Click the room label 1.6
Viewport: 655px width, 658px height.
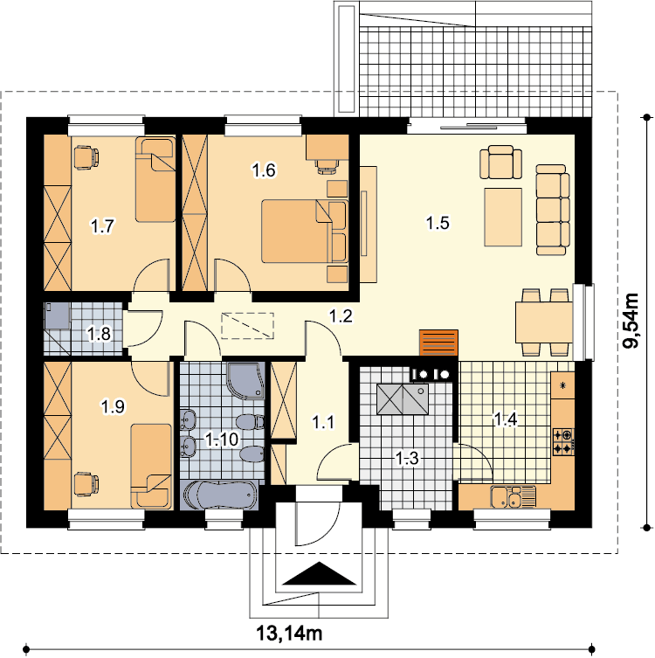click(x=264, y=170)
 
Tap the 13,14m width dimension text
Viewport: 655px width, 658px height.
click(x=289, y=634)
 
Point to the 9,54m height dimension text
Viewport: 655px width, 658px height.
click(x=631, y=321)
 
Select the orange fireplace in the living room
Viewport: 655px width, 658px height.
click(x=438, y=343)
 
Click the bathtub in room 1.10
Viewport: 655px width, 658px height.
click(x=221, y=495)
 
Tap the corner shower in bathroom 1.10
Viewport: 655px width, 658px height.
click(x=245, y=380)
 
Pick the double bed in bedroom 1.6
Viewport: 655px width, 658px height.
click(x=305, y=232)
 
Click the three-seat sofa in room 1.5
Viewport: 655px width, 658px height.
click(x=553, y=210)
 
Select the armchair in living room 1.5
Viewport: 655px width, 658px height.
click(x=500, y=162)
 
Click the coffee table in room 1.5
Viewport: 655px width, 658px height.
click(x=503, y=217)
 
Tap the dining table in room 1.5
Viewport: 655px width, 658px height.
click(x=544, y=322)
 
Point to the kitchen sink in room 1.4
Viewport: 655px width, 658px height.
click(x=514, y=496)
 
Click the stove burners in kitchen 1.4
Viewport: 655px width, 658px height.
click(x=563, y=441)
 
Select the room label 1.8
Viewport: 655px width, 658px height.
click(x=99, y=334)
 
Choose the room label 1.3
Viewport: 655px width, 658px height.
click(x=407, y=458)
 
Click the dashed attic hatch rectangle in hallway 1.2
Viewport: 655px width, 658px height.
click(x=247, y=326)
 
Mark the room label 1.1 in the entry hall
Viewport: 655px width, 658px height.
click(x=323, y=422)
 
